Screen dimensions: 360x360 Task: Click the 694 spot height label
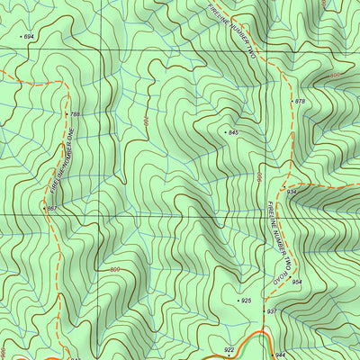coord(29,36)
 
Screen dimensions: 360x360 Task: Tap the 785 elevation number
coord(75,114)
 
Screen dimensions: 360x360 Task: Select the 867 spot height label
coord(51,209)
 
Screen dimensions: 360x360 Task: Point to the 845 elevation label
coord(233,132)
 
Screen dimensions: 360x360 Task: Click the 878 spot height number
coord(300,102)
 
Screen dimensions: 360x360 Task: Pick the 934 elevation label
coord(292,193)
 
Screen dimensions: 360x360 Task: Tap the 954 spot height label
coord(296,283)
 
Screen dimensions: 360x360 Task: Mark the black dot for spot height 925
coord(236,300)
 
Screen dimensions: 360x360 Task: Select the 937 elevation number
coord(272,310)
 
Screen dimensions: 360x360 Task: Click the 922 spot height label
coord(229,348)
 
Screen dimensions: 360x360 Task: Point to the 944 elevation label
coord(280,355)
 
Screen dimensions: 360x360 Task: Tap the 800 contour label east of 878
coord(336,77)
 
